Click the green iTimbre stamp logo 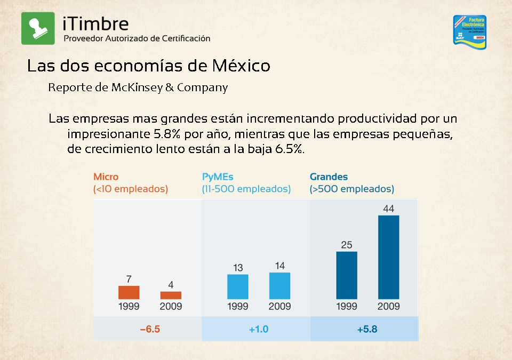38,28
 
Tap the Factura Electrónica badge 469,31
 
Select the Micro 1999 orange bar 129,292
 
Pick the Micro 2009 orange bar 171,295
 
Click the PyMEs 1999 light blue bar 238,286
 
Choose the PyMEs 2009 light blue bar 279,286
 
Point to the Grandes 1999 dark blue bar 347,275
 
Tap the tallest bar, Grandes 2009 388,257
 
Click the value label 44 388,209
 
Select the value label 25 347,245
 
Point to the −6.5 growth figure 150,329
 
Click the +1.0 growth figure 258,329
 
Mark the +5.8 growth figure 367,329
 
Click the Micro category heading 106,177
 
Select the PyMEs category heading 218,177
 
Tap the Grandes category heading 329,177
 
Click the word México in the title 241,66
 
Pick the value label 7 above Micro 129,279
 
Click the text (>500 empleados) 352,189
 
